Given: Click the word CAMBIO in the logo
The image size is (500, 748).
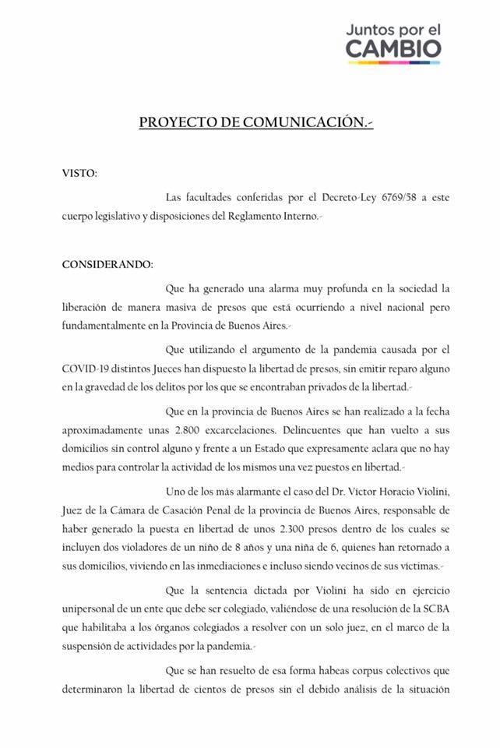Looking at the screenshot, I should click(x=393, y=48).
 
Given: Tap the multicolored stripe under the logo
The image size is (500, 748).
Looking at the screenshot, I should click(x=393, y=65).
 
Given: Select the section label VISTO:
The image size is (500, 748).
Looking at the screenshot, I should click(x=80, y=172).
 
